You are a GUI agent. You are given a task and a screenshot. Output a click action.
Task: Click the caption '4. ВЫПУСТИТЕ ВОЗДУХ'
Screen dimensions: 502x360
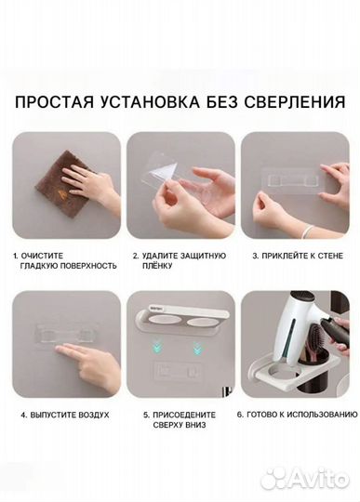[x=61, y=414]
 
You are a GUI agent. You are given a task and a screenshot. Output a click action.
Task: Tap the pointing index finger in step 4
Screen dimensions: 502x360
[x=70, y=350]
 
